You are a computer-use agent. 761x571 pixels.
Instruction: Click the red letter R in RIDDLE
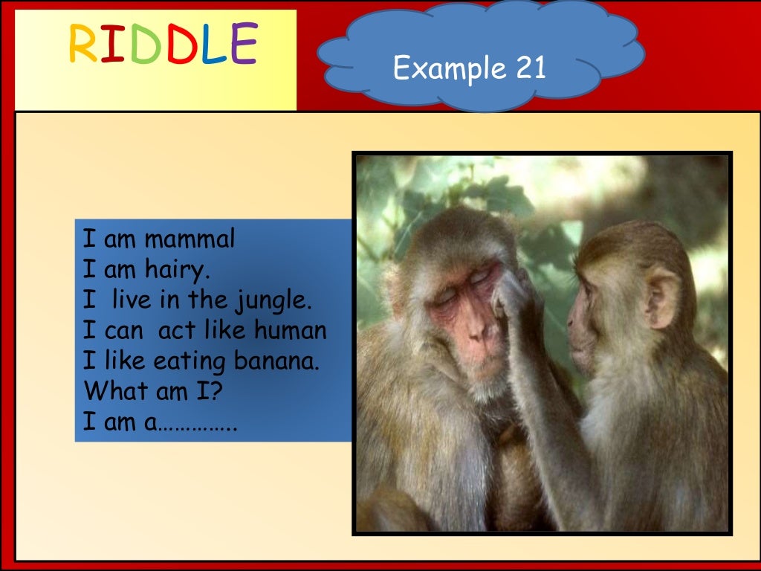coord(82,44)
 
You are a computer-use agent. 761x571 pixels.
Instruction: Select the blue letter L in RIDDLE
coord(212,44)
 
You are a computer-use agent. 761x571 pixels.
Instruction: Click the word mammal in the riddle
coord(190,239)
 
